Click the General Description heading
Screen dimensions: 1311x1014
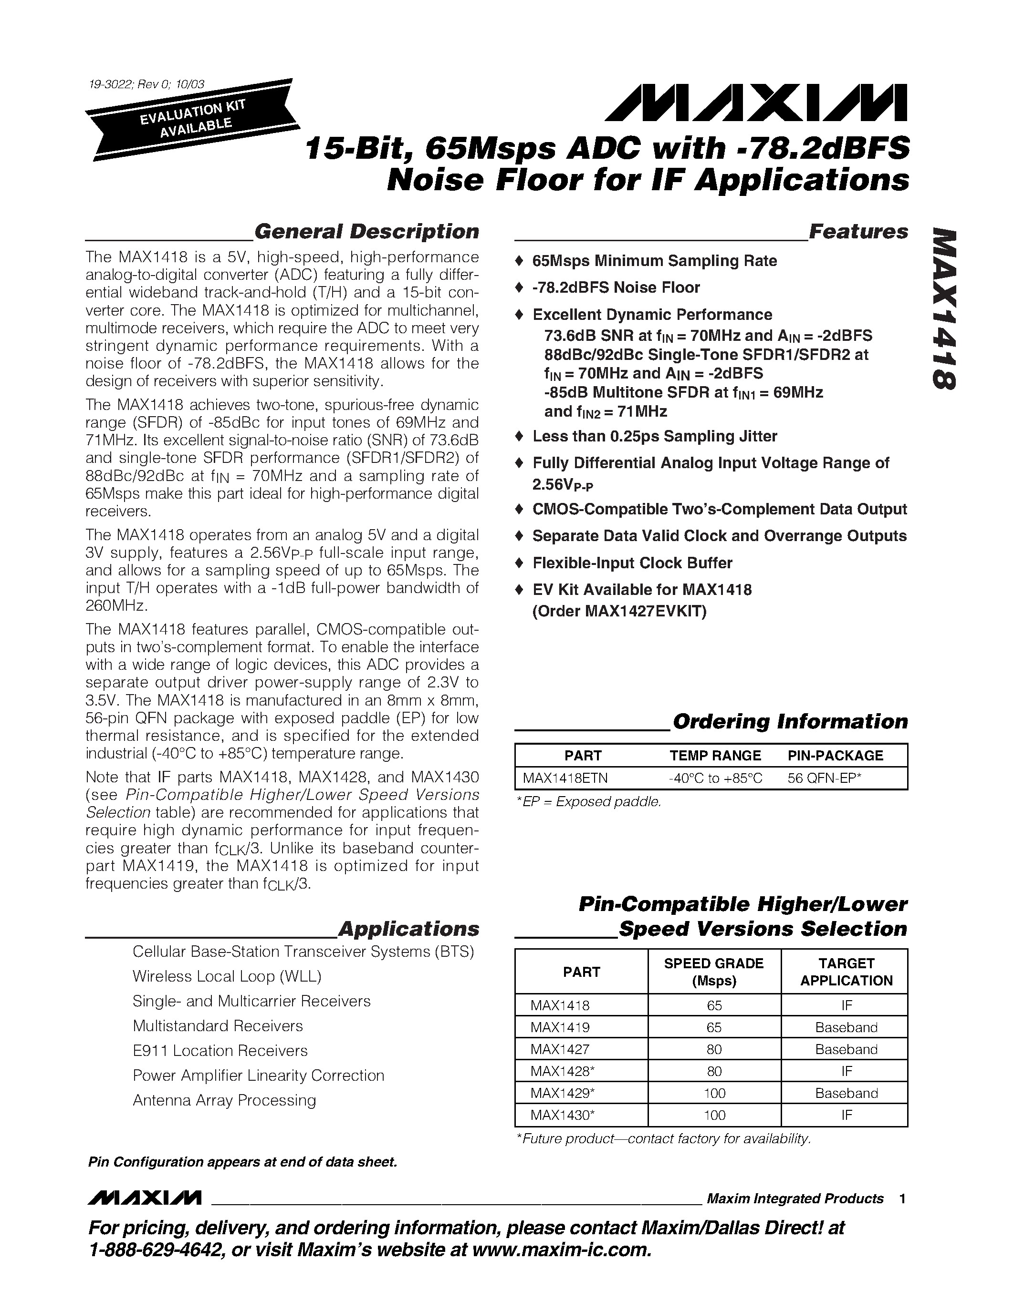366,232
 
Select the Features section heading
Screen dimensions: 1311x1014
858,232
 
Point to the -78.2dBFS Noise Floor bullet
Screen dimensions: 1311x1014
616,287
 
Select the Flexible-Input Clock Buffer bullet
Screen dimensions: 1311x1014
632,563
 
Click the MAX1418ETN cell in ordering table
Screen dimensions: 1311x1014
565,778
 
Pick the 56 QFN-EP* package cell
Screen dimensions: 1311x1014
824,778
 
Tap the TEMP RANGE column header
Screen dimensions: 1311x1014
715,756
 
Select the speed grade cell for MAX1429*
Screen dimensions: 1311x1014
714,1093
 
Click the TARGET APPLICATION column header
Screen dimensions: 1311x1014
846,972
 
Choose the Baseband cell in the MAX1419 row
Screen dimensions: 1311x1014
846,1027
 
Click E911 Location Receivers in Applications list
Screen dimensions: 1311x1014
220,1051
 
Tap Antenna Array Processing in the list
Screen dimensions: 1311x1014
224,1100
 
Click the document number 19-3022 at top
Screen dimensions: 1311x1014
146,85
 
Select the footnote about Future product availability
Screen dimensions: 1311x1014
663,1139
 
